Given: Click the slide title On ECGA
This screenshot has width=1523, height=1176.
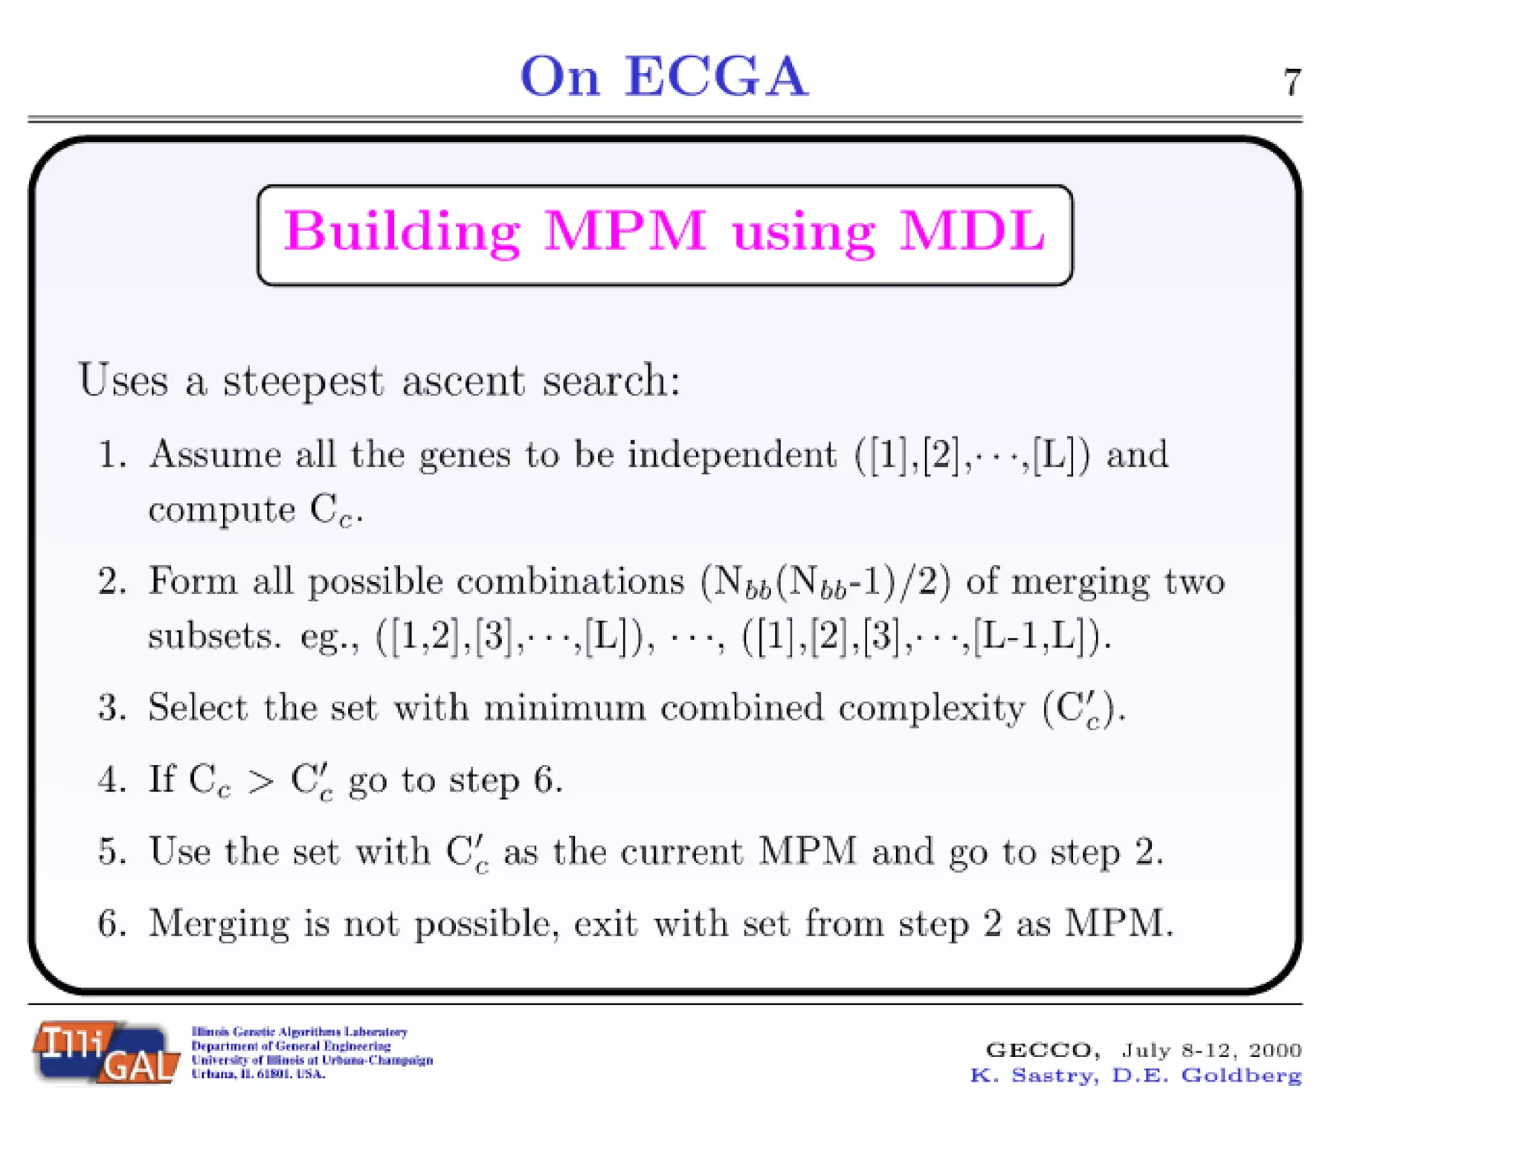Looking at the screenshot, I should click(x=663, y=77).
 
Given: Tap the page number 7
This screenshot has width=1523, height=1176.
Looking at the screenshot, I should click(x=1292, y=83).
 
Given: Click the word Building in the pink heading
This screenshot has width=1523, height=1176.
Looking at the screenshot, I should click(x=402, y=232).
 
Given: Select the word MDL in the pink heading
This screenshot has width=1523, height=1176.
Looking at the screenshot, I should click(x=972, y=232).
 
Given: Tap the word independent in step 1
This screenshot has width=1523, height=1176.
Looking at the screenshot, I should click(x=732, y=454).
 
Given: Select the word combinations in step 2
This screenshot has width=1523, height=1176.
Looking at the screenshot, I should click(x=570, y=581).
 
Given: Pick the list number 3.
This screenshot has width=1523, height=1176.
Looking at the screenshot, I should click(x=111, y=708).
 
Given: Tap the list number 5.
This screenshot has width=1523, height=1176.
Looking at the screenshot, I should click(x=111, y=852).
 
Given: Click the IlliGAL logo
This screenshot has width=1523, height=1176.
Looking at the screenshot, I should click(x=106, y=1053).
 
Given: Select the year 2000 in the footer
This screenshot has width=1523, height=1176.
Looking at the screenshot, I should click(x=1275, y=1050).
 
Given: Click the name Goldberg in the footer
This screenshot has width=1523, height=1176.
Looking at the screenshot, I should click(x=1241, y=1076).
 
